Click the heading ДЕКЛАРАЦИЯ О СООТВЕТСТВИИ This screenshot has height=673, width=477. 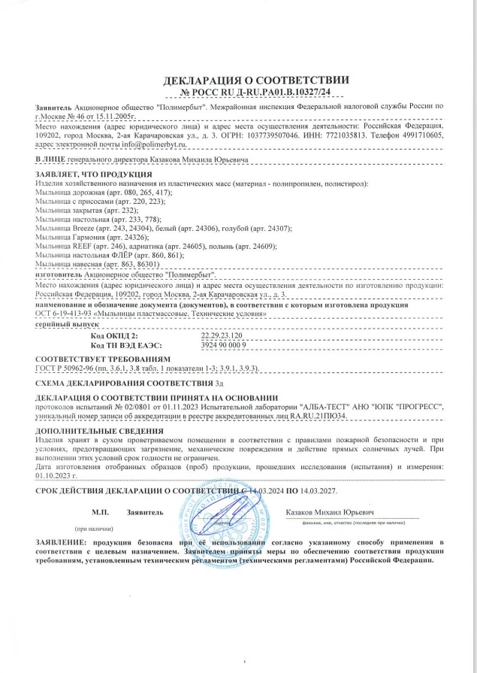coord(256,80)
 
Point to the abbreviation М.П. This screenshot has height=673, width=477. coord(101,512)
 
